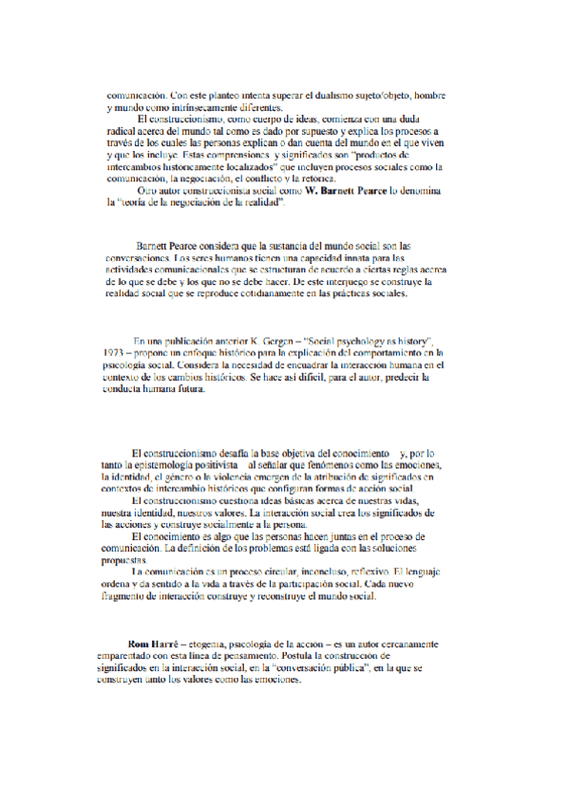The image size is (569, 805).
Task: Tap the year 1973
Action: pyautogui.click(x=115, y=351)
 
